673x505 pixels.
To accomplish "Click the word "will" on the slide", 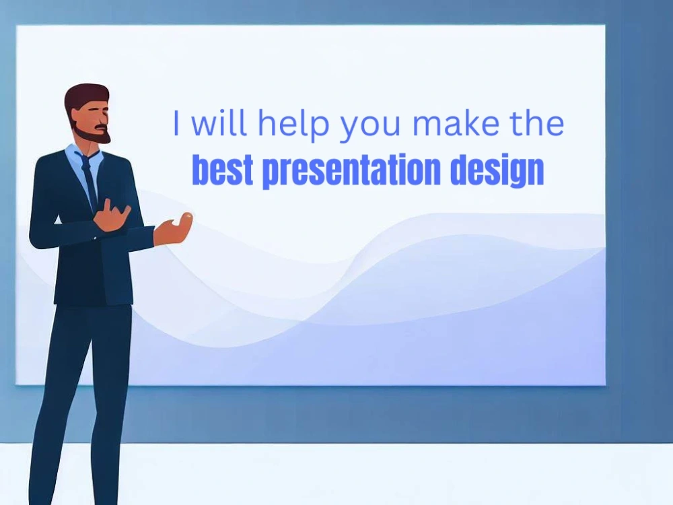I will (219, 124).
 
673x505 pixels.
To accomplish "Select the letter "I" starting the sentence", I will (177, 124).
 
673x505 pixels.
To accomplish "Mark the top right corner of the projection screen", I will (604, 26).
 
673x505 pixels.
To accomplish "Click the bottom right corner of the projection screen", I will (604, 384).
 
